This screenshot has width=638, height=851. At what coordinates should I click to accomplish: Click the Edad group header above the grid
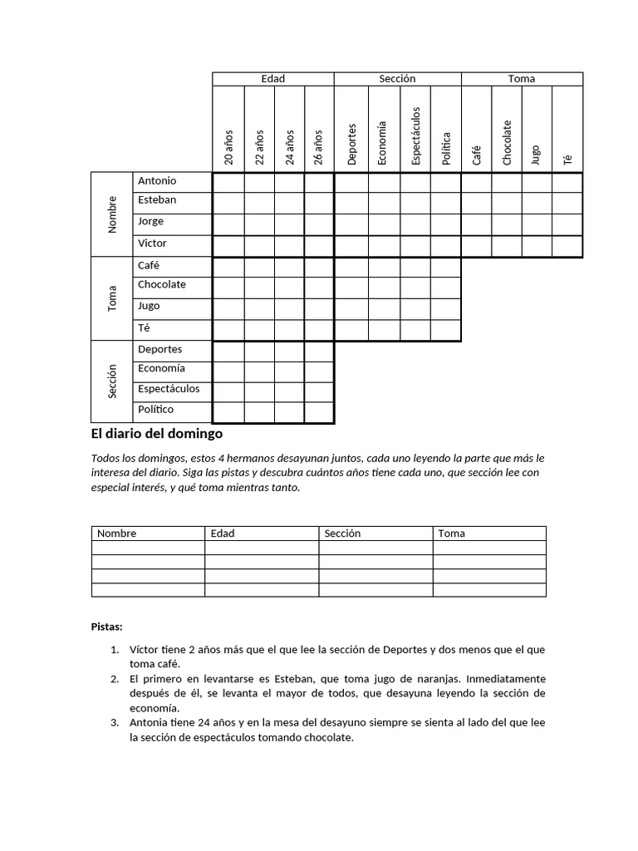click(x=272, y=79)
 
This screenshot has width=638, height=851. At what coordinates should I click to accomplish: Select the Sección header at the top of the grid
click(x=397, y=79)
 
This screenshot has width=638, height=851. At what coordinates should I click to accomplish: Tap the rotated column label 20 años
click(x=228, y=147)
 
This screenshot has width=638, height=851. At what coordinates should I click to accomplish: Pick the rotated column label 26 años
click(x=319, y=147)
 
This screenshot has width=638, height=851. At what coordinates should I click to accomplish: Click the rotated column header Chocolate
click(x=507, y=142)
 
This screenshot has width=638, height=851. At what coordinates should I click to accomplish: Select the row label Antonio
click(x=157, y=181)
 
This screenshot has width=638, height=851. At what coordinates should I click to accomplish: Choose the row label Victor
click(x=152, y=243)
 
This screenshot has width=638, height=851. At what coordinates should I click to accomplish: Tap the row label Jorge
click(x=151, y=222)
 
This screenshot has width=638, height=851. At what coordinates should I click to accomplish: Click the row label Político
click(x=156, y=410)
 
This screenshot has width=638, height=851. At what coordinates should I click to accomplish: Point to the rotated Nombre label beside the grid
click(x=112, y=214)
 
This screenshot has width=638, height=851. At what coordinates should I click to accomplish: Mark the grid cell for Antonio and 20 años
click(x=228, y=182)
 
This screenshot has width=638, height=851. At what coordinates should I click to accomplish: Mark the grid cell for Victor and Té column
click(x=567, y=245)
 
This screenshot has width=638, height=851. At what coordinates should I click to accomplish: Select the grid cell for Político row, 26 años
click(x=319, y=412)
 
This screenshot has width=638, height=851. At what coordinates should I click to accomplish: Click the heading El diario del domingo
click(x=157, y=434)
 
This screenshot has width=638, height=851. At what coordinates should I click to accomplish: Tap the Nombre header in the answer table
click(x=117, y=534)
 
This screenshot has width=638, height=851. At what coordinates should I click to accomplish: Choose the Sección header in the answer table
click(x=343, y=534)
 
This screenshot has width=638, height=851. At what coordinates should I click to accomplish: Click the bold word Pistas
click(x=106, y=627)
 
